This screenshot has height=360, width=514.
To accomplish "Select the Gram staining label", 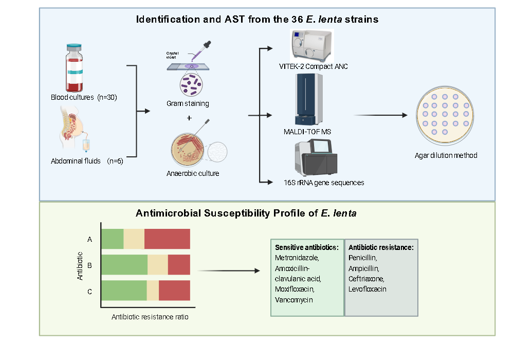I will click(188, 103).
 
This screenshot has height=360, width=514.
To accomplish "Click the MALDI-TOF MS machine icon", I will click(309, 100).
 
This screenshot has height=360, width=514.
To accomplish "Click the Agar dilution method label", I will click(446, 155).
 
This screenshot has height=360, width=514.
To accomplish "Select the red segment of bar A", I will click(167, 239).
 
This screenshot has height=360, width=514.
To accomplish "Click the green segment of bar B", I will click(124, 264).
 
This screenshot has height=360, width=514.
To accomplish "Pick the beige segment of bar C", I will click(153, 291).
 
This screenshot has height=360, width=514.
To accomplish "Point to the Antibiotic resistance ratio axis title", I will click(150, 317).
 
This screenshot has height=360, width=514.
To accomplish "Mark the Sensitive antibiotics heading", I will click(307, 247).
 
